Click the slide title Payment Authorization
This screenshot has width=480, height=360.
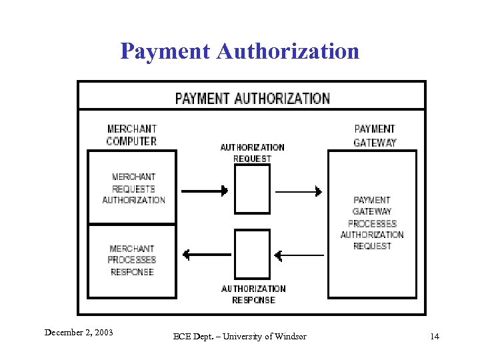coord(239,51)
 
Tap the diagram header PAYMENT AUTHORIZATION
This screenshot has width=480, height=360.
coord(252,98)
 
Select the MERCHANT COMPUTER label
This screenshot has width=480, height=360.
coord(132,135)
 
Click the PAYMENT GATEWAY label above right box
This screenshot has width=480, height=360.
coord(375,135)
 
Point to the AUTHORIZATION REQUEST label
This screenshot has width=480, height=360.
coord(252,153)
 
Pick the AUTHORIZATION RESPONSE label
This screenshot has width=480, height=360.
coord(253,294)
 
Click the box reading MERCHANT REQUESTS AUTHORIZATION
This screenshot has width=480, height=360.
coord(133,188)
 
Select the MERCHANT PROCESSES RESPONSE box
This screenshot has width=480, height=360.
coord(132,260)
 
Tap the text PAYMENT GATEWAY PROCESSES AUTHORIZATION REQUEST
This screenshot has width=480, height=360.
coord(372,223)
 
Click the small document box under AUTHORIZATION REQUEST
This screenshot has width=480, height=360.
coord(253,189)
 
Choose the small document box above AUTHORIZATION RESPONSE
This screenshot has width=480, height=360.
coord(253,254)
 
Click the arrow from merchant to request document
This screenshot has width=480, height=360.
coord(205,191)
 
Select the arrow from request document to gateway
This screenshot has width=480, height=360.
coord(299,191)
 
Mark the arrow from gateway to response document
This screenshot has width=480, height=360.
coord(299,255)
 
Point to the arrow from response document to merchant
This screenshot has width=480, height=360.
coord(206,255)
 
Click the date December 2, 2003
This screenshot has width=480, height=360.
coord(79,332)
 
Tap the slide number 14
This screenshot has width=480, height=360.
coord(435,336)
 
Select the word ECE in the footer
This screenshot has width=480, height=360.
coord(181,336)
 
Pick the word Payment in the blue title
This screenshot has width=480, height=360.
coord(165,51)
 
